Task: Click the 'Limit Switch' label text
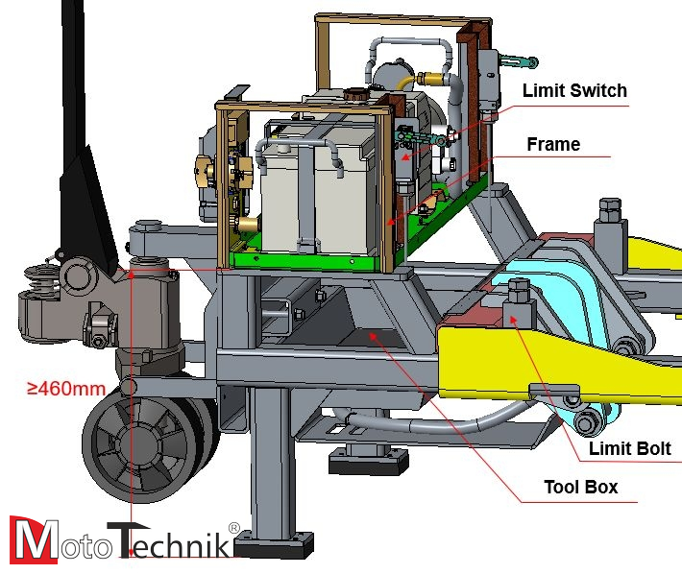[x=574, y=91]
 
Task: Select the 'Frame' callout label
[x=553, y=145]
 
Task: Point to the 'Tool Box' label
[x=580, y=487]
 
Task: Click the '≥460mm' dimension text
[x=65, y=389]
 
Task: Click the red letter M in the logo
[x=33, y=539]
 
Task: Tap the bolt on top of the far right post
[x=608, y=207]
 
